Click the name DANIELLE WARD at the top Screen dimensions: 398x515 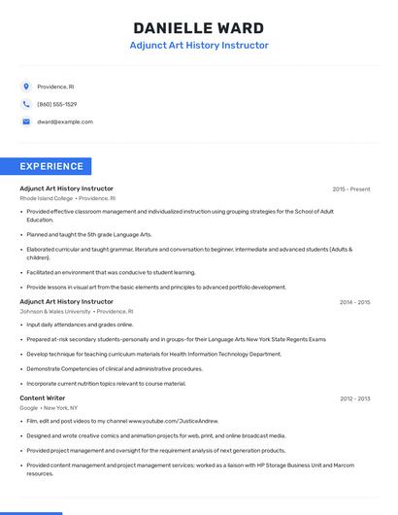click(x=198, y=27)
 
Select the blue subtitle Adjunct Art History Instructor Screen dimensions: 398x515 click(x=198, y=46)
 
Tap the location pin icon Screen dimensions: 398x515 click(x=26, y=86)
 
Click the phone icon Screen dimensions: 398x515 click(x=26, y=104)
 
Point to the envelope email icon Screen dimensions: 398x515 click(x=26, y=121)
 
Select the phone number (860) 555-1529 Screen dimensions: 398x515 click(x=57, y=104)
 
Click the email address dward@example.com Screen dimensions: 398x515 click(x=65, y=121)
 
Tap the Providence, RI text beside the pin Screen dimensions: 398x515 click(x=55, y=86)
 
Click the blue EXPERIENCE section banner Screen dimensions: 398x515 click(x=52, y=166)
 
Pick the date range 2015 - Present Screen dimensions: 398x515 click(x=350, y=189)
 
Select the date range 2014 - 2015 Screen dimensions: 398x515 click(x=354, y=302)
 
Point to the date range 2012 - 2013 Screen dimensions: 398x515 click(x=354, y=398)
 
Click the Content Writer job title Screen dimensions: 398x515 click(x=43, y=397)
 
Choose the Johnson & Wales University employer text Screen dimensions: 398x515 click(x=54, y=311)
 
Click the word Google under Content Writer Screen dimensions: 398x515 click(x=29, y=407)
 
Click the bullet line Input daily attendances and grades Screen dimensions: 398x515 click(x=80, y=325)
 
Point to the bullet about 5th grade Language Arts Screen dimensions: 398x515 click(x=89, y=234)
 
